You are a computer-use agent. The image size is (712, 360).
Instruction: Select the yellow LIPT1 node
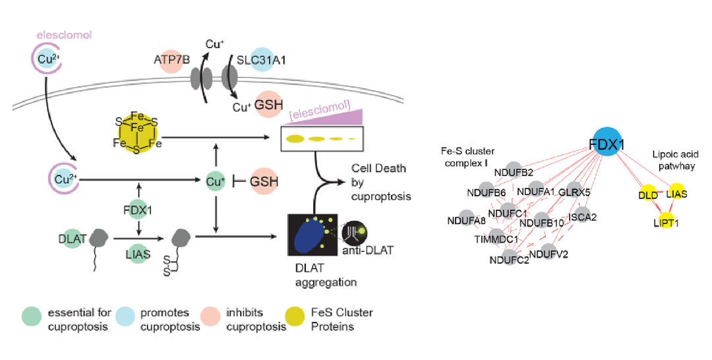coord(666,223)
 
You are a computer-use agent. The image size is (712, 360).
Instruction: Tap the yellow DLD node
coord(646,195)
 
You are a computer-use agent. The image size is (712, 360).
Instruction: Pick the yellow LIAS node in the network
coord(676,193)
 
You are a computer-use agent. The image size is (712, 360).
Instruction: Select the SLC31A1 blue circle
coord(262,60)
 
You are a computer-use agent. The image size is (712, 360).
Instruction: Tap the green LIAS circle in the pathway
coord(138,254)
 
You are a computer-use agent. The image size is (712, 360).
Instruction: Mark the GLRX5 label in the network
coord(573,192)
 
